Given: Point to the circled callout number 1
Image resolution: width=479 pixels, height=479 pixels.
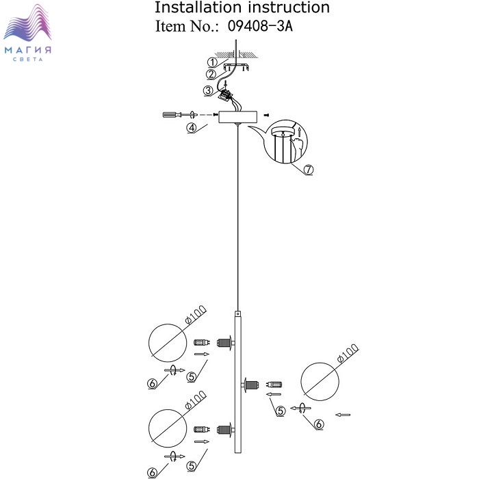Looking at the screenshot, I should point(211,63).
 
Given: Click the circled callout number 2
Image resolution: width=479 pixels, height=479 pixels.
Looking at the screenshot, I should point(211,75).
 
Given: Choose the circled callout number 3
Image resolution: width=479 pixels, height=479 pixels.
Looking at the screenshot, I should point(208,91).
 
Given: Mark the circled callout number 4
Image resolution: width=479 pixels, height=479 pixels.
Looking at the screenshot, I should point(192,127).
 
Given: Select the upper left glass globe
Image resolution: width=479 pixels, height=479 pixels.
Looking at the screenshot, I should point(168,342).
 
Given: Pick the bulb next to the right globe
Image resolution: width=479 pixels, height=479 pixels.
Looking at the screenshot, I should point(274,385).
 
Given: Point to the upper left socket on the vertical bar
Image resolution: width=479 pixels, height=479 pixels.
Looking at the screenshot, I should point(224,342).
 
